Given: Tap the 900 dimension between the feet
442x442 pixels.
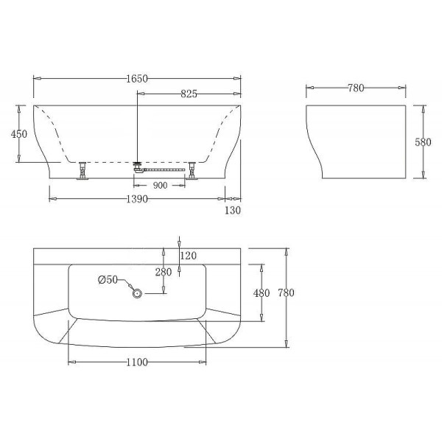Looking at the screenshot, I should click(159, 185).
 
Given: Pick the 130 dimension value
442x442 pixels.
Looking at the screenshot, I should click(233, 211).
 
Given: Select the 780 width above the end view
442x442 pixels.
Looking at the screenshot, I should click(355, 88).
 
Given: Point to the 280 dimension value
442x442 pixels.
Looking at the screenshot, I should click(164, 272).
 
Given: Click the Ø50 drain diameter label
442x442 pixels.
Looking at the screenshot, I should click(108, 279).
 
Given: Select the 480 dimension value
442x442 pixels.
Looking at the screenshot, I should click(262, 292).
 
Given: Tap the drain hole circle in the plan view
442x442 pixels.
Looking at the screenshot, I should click(137, 293).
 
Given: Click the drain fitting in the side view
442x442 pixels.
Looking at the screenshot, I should click(138, 165).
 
